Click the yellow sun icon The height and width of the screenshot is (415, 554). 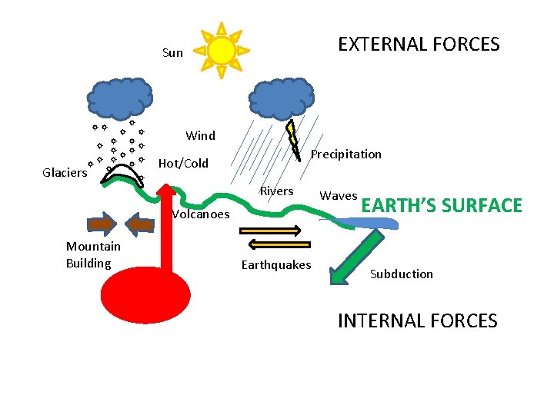pos(222,50)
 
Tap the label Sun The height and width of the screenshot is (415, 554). pos(173,53)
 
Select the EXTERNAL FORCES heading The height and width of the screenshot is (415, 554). pos(419,45)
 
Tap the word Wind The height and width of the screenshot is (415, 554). pos(200,136)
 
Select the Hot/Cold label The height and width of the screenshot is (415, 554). pos(182,164)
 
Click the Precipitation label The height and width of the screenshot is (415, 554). pos(345,154)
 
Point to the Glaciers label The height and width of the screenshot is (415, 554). pos(65,173)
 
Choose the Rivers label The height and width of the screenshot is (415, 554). pos(276,191)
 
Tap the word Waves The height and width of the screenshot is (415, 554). pos(339,196)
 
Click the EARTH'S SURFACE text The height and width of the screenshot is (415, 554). pos(442,206)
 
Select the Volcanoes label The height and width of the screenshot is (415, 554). pos(200,214)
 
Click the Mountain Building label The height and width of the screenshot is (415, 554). pos(92,255)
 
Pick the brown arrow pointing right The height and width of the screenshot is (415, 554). pos(102,224)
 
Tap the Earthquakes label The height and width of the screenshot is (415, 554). pos(275,265)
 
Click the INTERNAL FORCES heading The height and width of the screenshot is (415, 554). pos(417,320)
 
